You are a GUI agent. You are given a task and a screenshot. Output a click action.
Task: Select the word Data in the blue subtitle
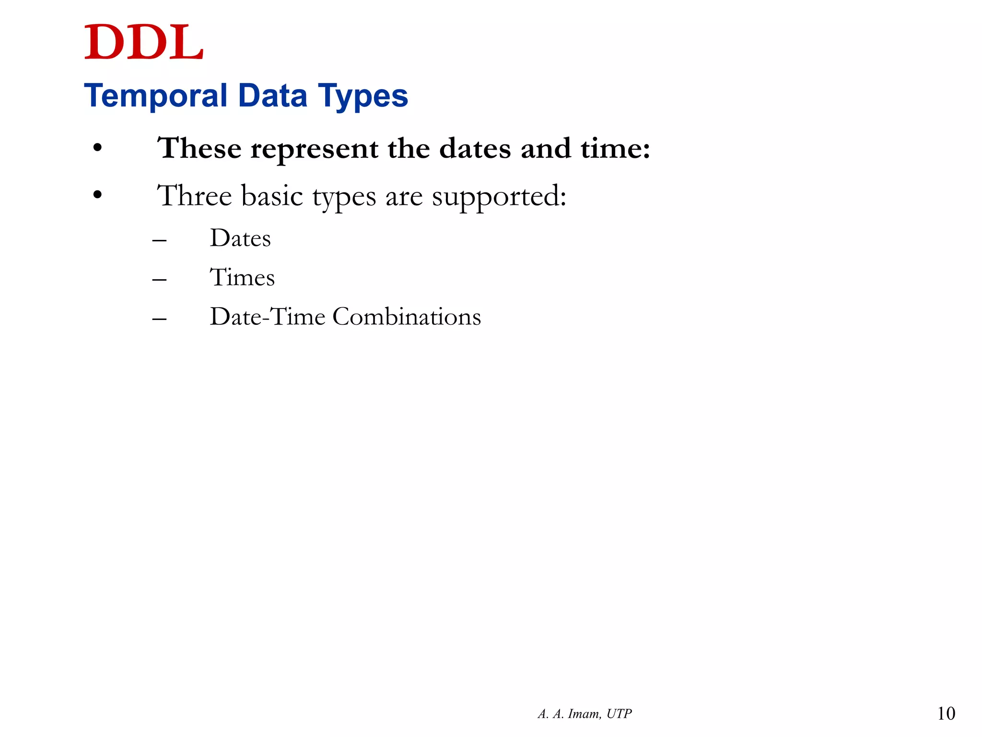tap(272, 96)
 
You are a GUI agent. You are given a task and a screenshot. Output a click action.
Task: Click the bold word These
tap(199, 148)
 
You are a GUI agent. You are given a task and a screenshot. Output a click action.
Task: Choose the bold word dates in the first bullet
tap(475, 148)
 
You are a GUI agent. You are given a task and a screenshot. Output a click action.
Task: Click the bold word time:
tap(615, 148)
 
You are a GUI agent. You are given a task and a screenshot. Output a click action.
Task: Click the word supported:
tap(499, 197)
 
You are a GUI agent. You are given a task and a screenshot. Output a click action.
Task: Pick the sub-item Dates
tap(240, 238)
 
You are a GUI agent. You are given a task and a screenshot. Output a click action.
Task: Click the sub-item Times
tap(242, 277)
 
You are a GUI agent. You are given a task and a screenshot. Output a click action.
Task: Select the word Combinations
tap(407, 317)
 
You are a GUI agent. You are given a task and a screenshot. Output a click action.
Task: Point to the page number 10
tap(946, 713)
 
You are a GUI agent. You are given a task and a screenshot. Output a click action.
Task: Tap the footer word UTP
tap(619, 714)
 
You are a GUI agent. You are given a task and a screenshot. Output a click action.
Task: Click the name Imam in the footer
tap(584, 714)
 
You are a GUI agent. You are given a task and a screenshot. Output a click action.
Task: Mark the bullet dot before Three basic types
tap(98, 195)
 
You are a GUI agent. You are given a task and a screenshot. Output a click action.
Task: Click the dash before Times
tap(159, 279)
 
